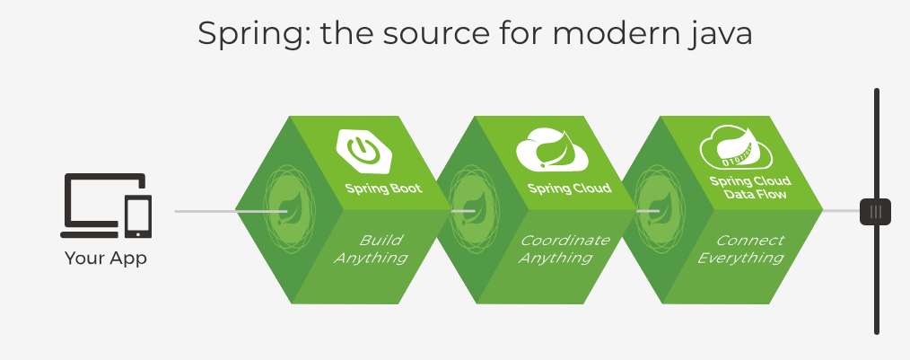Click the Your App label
(106, 259)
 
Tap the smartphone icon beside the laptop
(138, 216)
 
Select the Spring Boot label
(383, 189)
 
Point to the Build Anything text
(371, 249)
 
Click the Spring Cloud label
(569, 189)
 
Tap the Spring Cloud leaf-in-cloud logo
(552, 148)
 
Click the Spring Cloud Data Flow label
(750, 188)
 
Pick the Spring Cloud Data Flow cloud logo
(737, 147)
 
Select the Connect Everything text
(741, 249)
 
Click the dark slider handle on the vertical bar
(875, 211)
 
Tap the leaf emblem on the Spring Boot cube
(288, 209)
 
